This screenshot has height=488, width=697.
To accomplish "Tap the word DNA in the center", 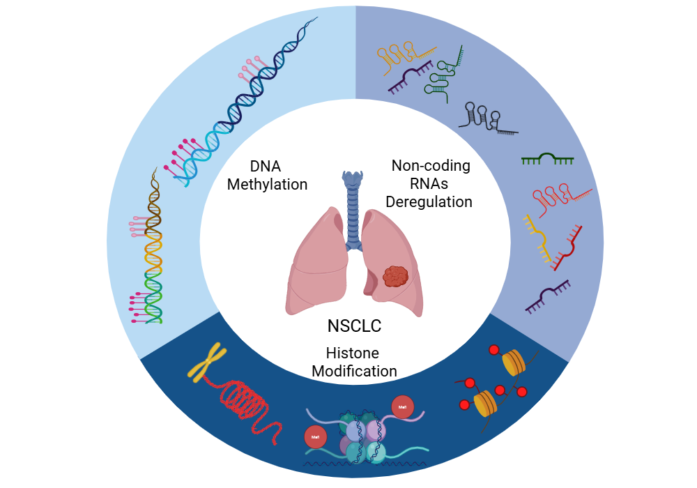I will coord(267,167).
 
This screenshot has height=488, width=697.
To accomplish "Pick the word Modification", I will coord(354,371).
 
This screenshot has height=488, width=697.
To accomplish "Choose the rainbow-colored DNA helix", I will coord(153,251).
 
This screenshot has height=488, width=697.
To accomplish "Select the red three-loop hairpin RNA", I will coord(558,197).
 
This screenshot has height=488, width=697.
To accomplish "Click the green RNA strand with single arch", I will coord(547,160).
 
